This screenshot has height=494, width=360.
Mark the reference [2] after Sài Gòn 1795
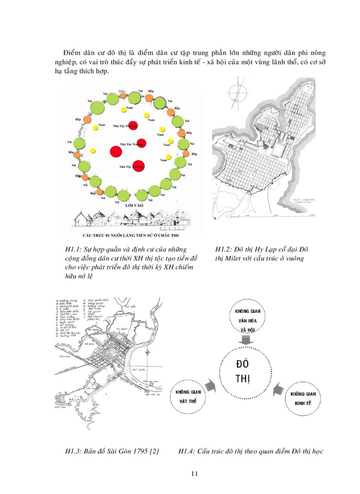(x=153, y=452)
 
